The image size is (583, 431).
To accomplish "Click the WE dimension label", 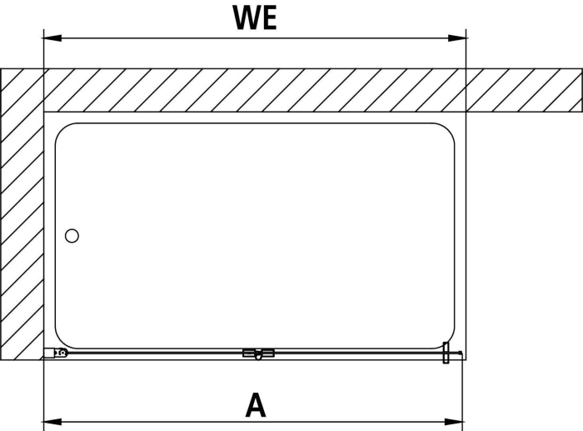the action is coord(255,18).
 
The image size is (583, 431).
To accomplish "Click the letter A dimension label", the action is coord(257,404).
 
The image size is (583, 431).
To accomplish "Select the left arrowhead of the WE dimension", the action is coord(52,38).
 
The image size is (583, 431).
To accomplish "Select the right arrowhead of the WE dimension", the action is coord(457,38).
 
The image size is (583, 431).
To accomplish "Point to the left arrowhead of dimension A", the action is coord(52,422).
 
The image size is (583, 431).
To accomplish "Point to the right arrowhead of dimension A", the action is coord(454,422).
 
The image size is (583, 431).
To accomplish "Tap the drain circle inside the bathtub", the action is coord(72,236).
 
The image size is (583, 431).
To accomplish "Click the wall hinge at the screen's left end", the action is coord(62,352).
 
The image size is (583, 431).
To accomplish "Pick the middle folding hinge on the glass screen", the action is coord(258,353).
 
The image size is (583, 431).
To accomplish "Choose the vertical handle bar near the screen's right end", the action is coord(446,353).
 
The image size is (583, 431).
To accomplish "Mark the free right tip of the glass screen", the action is coord(461,353).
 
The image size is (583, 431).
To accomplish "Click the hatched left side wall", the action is coord(22,214).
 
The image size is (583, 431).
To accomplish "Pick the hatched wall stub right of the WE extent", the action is coord(524,90).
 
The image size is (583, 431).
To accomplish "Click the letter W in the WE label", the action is coord(247,18).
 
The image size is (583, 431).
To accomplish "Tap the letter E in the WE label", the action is coord(270,18).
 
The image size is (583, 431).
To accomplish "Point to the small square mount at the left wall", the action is coord(49,353).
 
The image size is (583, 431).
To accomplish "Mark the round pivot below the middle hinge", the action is coord(258,358).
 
